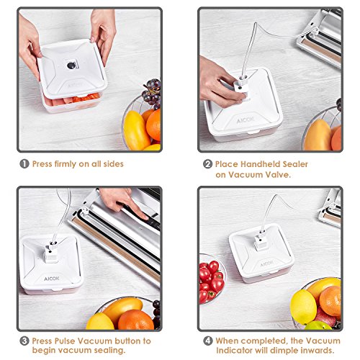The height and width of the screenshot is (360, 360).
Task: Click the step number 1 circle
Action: point(24,164)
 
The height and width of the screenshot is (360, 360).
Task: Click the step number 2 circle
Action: point(207,164)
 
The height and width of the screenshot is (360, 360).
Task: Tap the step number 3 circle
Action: point(24,341)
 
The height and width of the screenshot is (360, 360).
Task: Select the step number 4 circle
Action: point(208,341)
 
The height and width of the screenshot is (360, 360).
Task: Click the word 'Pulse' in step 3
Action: point(65,341)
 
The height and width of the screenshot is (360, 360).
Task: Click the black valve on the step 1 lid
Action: point(71,66)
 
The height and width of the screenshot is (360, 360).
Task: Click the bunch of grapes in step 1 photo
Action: point(152,93)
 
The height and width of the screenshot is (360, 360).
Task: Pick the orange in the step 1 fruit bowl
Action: point(153,125)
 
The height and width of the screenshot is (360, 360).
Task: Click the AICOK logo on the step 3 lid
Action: point(52,279)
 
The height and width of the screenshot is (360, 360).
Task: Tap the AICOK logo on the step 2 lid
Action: point(246,120)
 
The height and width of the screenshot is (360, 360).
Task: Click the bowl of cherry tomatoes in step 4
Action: point(211,279)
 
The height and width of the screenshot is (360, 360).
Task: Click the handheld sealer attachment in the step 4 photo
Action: point(261,241)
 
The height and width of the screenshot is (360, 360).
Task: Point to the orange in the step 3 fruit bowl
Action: point(135,320)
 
